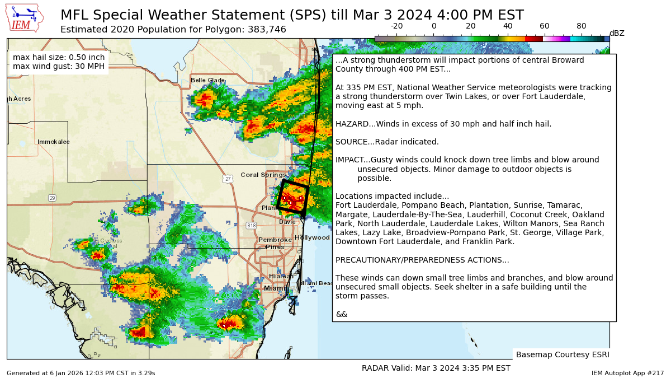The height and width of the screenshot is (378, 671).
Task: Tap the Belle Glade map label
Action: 207,80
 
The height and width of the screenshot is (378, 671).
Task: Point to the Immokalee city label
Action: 54,142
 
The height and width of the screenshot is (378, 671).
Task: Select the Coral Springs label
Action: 263,175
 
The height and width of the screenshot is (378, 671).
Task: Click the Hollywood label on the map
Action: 312,237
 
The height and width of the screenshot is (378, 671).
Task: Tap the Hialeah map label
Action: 281,276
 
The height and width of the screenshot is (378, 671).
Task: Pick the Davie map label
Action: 287,222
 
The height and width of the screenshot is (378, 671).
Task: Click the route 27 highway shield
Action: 228,179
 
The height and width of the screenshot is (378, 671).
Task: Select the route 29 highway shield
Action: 52,198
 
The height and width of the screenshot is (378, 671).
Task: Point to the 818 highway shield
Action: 251,225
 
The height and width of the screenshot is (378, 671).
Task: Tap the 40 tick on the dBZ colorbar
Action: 508,26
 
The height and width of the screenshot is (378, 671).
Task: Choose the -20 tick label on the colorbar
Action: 396,26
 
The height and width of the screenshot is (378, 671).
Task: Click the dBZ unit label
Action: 617,34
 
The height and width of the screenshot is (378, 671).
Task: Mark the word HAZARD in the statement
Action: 351,124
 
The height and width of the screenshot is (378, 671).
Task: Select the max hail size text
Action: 59,57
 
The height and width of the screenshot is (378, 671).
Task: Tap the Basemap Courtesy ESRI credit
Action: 562,354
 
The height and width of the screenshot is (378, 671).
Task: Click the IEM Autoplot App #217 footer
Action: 627,373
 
